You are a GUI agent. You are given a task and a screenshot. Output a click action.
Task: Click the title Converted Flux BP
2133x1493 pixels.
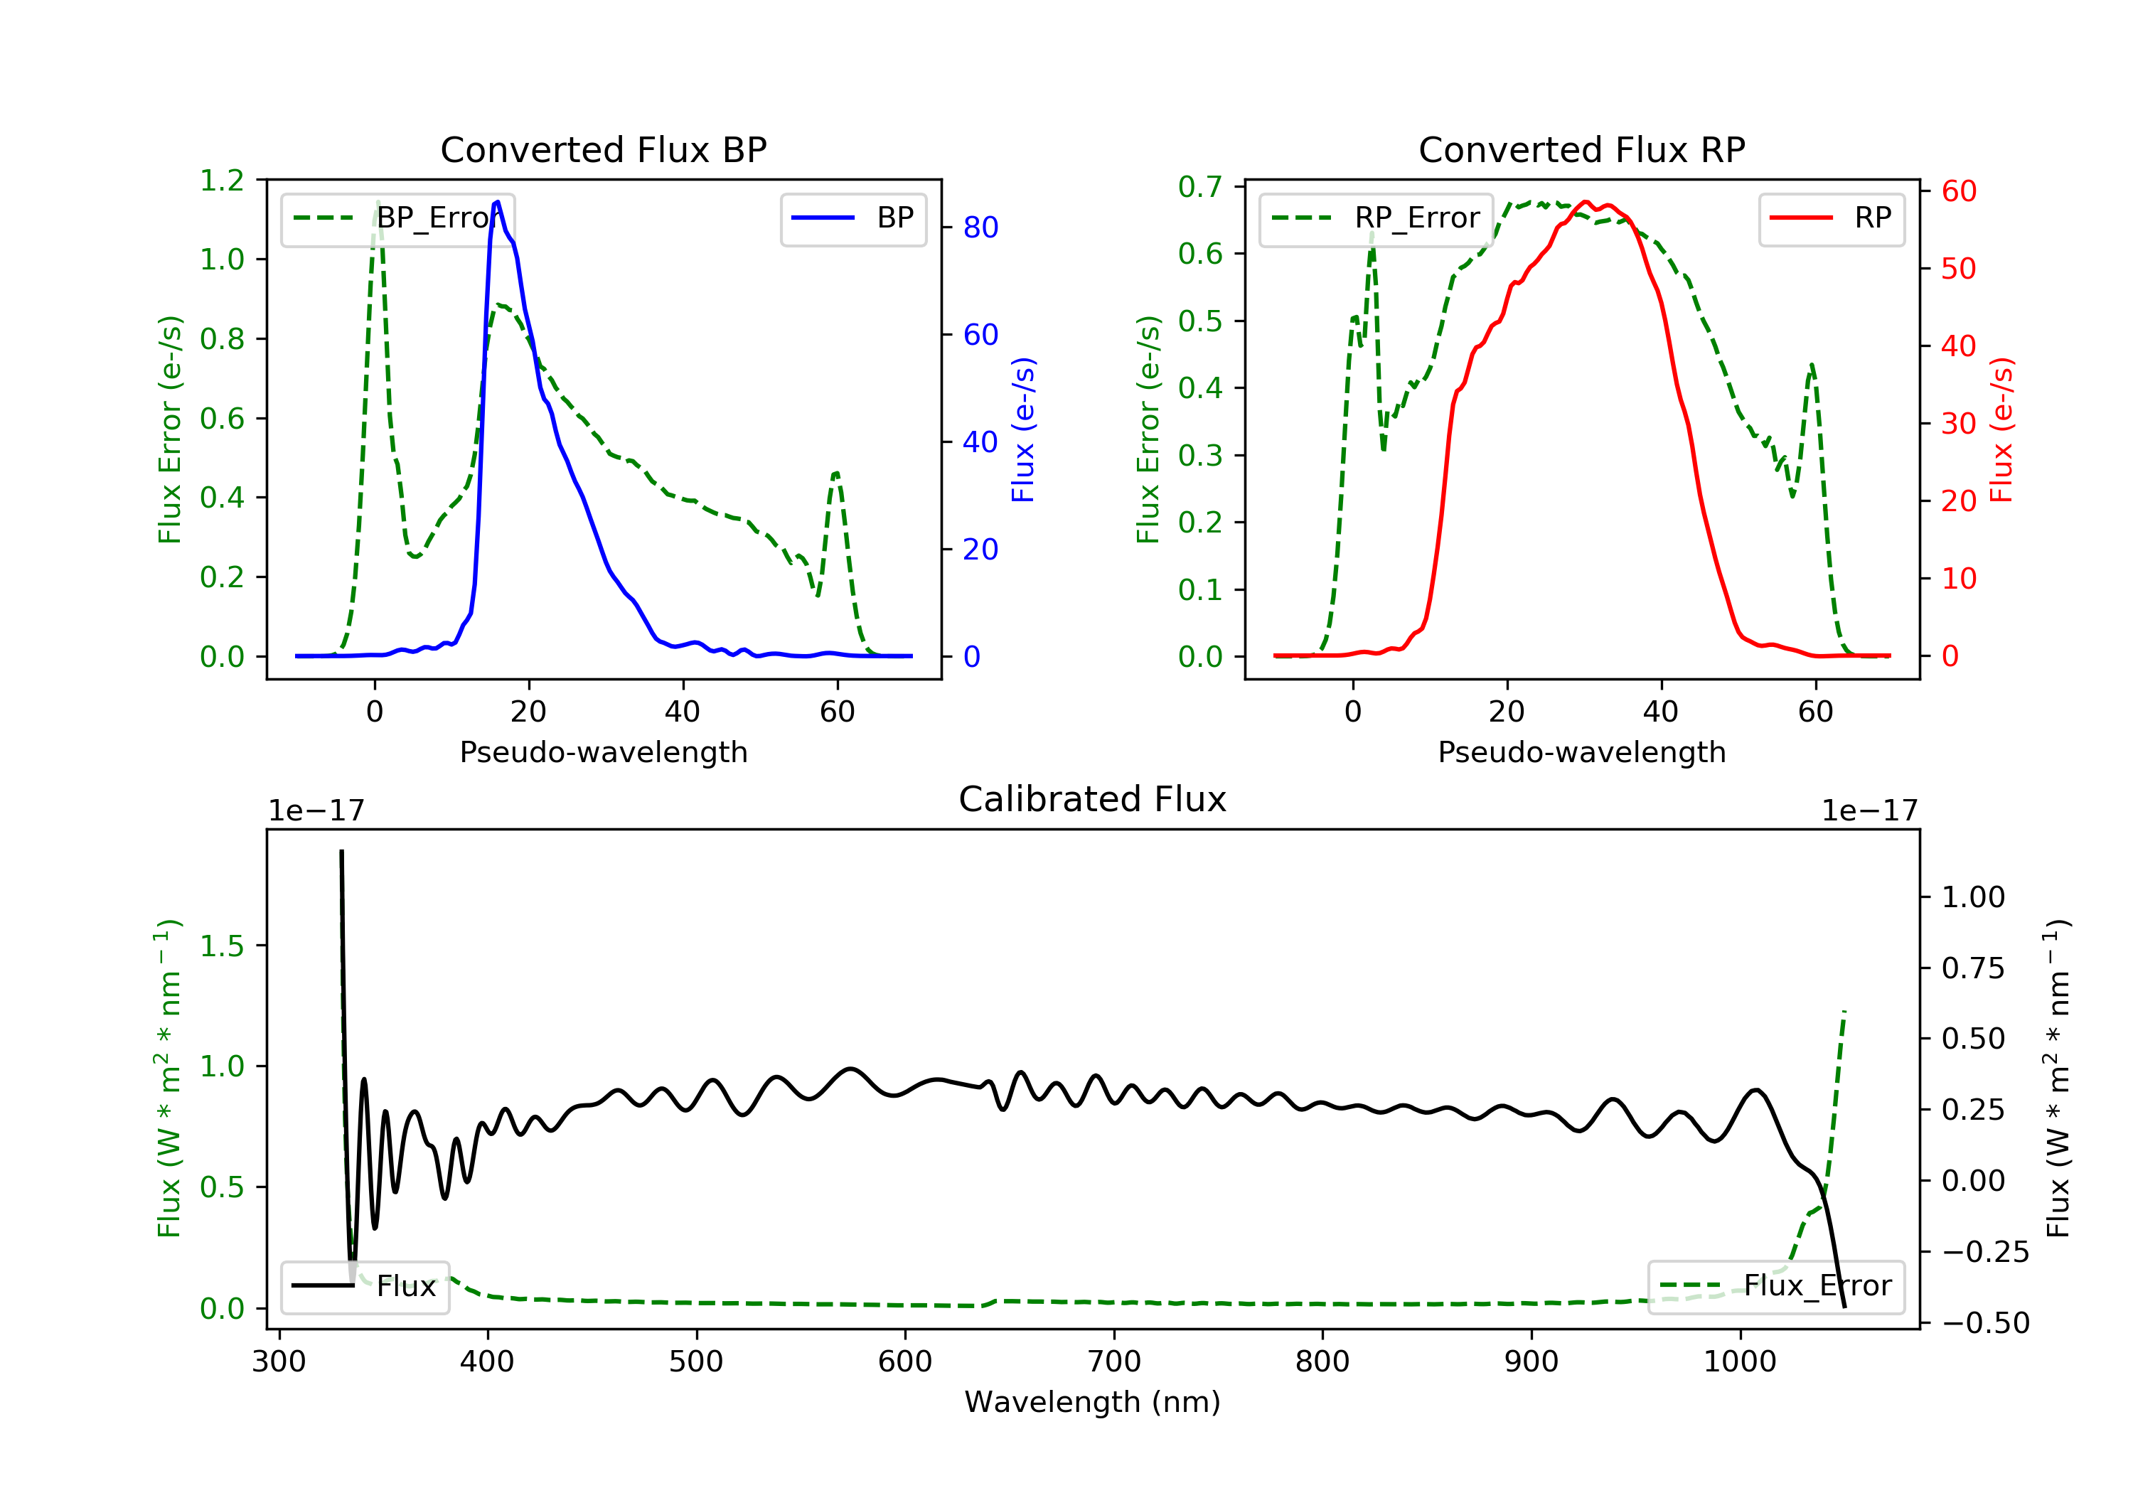tap(603, 149)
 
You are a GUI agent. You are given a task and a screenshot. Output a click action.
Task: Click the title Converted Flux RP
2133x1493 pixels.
tap(1581, 149)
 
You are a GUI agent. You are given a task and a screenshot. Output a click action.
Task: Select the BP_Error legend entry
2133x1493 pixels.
tap(397, 218)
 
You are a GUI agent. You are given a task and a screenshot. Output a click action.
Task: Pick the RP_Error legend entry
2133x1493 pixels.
tap(1376, 218)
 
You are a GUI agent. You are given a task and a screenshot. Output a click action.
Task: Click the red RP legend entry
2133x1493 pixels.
tap(1831, 218)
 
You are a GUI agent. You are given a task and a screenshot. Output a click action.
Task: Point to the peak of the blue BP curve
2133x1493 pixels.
tap(498, 202)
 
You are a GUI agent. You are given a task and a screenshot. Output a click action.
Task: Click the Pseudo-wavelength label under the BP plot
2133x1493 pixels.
tap(603, 751)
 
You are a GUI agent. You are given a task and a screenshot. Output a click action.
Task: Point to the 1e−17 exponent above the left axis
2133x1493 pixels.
tap(316, 811)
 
